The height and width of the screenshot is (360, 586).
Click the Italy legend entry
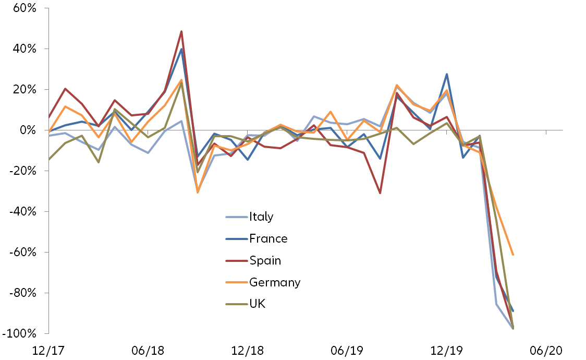coord(261,217)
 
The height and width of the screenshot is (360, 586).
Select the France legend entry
coord(268,238)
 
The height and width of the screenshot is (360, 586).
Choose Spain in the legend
coord(265,260)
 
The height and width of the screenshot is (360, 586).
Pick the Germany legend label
coord(275,282)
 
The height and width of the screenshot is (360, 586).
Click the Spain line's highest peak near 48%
coord(181,31)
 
